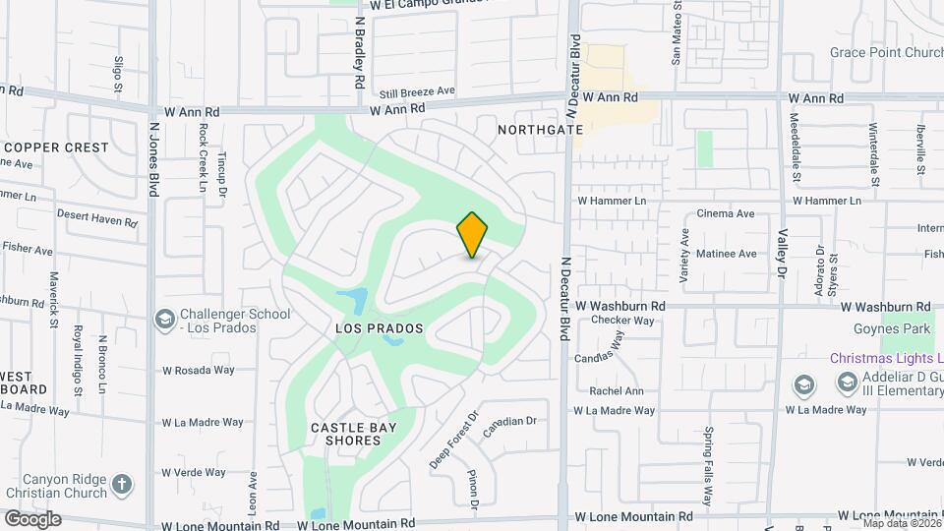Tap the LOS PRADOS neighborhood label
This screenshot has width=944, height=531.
(x=379, y=327)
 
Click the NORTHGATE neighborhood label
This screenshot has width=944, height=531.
(x=534, y=130)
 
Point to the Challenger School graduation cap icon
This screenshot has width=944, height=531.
(x=165, y=321)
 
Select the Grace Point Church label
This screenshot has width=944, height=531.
(x=885, y=52)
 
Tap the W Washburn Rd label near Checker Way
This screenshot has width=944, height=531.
(x=621, y=306)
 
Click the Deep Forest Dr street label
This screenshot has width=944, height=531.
(x=452, y=439)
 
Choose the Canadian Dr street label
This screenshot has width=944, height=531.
(x=509, y=421)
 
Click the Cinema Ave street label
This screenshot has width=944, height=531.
(x=725, y=213)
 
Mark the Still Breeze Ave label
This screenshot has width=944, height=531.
(x=417, y=91)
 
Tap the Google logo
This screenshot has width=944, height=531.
(x=31, y=518)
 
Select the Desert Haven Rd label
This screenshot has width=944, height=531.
(x=96, y=217)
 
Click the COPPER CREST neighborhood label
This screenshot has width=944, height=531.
(x=56, y=147)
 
